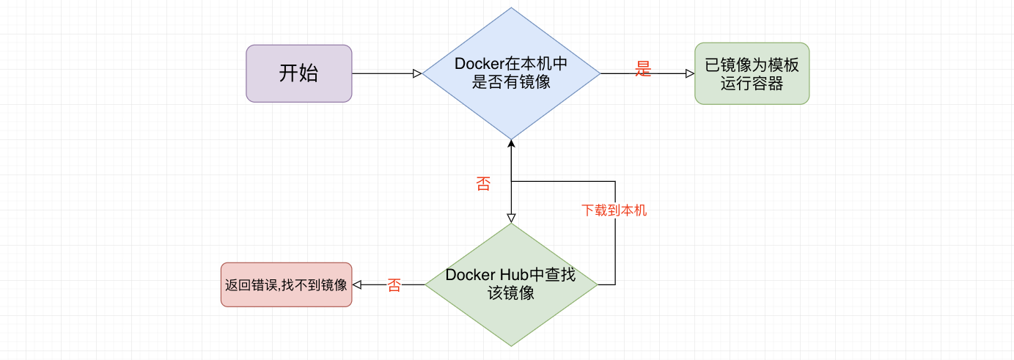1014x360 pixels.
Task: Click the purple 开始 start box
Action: coord(298,73)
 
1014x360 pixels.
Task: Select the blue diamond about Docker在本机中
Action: coord(511,73)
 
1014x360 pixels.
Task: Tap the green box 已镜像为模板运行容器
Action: coord(752,73)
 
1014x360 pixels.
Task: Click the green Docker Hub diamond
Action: coord(511,284)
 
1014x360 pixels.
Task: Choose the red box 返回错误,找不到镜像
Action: coord(286,284)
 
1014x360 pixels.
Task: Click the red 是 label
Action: coord(643,70)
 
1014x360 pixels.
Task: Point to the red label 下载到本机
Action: coord(614,210)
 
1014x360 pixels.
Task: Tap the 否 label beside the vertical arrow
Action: coord(483,184)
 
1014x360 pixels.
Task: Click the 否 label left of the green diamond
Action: coord(394,286)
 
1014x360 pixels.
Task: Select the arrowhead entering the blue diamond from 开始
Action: coord(417,73)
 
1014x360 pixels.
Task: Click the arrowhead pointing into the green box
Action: coord(689,73)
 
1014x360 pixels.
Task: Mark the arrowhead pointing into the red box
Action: coord(358,284)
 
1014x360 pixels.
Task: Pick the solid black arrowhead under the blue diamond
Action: coord(511,144)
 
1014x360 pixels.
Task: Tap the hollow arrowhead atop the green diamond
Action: coord(511,218)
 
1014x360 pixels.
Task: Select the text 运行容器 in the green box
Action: coord(752,84)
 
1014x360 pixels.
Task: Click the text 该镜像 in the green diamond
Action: coord(511,293)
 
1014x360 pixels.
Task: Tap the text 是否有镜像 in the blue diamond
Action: coord(511,83)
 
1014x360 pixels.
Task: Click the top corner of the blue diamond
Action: coord(511,9)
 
